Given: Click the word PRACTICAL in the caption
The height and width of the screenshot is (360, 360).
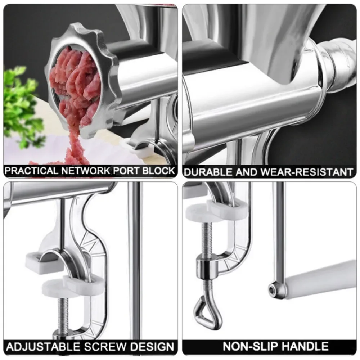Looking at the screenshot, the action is (x=31, y=171).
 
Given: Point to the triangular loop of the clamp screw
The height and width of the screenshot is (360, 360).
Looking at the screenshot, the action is (x=208, y=310).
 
